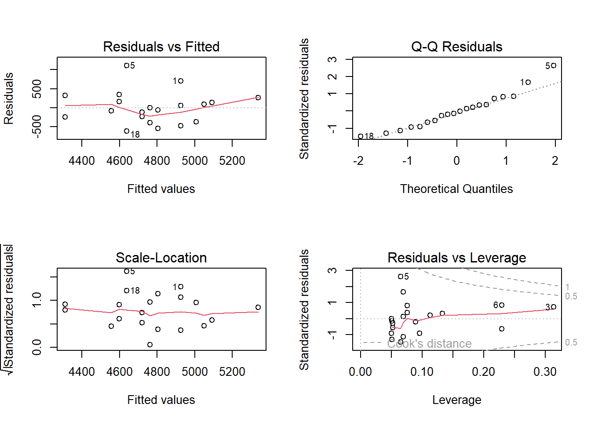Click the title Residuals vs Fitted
[x=161, y=47]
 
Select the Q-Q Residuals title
[x=456, y=47]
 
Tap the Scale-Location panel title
[x=161, y=258]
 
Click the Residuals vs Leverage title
[x=456, y=258]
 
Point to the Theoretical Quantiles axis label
[x=456, y=189]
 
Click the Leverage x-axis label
[x=456, y=400]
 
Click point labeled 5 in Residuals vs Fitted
[x=127, y=65]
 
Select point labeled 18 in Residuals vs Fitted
[x=127, y=131]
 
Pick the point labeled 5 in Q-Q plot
[x=554, y=65]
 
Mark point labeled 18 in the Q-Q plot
[x=361, y=136]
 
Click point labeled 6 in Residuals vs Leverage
[x=502, y=305]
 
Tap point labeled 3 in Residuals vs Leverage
[x=554, y=307]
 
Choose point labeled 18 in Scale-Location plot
[x=127, y=290]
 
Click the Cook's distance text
[x=429, y=344]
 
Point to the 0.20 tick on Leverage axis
[x=484, y=372]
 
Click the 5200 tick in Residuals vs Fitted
[x=232, y=161]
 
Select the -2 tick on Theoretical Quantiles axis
[x=358, y=161]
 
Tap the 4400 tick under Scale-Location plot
[x=82, y=372]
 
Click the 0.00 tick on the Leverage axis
[x=361, y=372]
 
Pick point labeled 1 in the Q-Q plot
[x=528, y=82]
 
